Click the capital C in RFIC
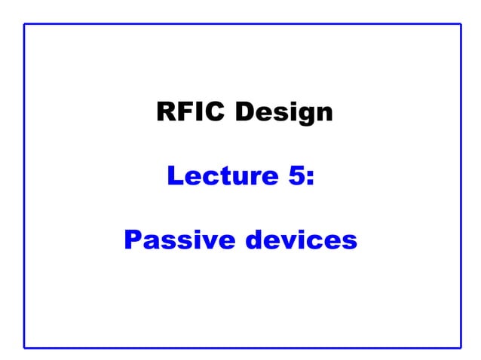(216, 112)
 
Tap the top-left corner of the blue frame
(24, 24)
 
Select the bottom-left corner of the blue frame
(24, 347)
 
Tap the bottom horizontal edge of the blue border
(241, 347)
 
